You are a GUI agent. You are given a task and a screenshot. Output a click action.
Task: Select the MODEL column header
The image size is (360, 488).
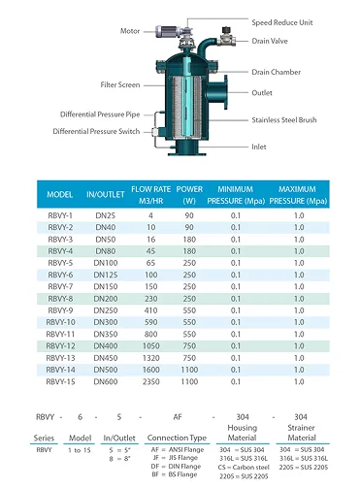point(60,193)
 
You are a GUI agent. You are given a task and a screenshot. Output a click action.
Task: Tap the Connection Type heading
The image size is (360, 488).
point(176,438)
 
